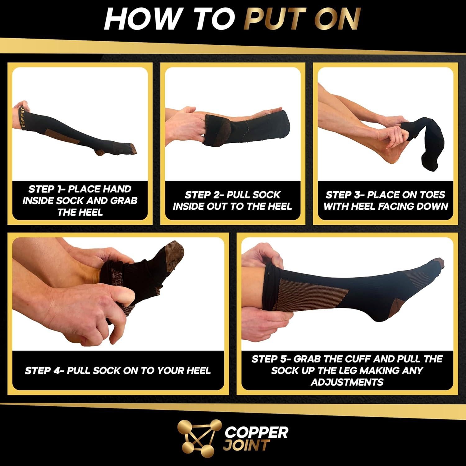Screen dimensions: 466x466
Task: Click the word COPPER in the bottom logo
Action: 256,432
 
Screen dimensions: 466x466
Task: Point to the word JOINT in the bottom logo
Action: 246,445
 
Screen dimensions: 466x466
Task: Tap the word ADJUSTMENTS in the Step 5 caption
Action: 347,382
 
